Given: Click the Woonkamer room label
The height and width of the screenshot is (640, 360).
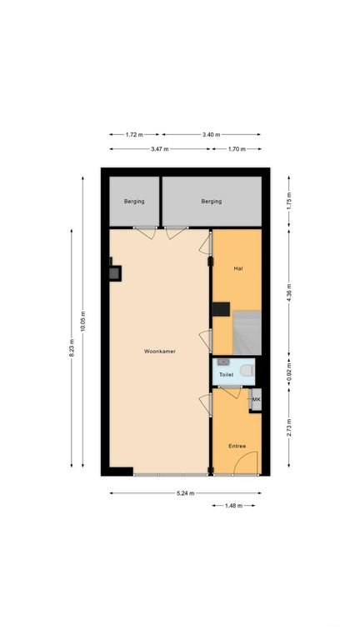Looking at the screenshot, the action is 160,351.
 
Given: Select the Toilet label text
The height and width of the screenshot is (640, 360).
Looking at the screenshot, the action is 227,374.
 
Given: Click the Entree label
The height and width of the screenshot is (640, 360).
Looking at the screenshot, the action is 237,446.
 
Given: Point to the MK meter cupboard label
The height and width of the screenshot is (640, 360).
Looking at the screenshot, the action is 256,400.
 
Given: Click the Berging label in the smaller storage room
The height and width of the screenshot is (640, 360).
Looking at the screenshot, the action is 134,201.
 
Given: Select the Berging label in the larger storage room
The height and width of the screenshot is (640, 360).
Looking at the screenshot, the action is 212,201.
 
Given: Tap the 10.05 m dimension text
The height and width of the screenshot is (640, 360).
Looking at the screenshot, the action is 82,321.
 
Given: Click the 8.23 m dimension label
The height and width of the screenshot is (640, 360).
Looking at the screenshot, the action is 72,347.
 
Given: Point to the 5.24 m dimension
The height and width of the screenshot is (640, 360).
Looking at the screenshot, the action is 185,493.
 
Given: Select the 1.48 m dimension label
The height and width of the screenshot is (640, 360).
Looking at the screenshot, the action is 233,505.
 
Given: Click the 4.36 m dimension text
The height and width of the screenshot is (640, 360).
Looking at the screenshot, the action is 288,292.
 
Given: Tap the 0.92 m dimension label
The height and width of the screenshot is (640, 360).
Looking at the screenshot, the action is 288,372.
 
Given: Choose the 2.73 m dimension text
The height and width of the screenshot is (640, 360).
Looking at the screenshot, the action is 288,427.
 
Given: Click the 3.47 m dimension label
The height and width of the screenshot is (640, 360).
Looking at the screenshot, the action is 160,149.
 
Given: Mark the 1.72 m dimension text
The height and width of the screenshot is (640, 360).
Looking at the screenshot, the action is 134,134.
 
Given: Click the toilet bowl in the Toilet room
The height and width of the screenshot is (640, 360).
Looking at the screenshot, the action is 246,371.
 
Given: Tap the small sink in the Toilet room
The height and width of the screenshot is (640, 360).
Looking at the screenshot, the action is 223,362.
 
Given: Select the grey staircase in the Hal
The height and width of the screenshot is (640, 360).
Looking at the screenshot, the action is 247,332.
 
